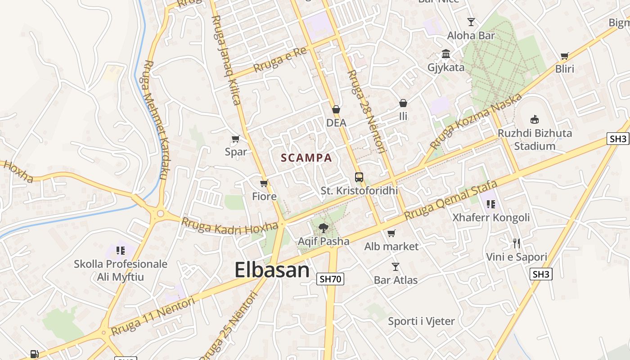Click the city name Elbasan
[x=272, y=270]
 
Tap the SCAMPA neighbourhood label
[x=306, y=158]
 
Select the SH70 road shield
[x=330, y=279]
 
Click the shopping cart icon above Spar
[x=235, y=139]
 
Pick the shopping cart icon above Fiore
[x=264, y=183]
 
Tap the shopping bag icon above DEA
[x=336, y=109]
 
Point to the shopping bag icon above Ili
[x=403, y=103]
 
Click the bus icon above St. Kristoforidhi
[x=359, y=177]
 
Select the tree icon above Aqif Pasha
[x=323, y=228]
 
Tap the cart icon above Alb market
[x=391, y=233]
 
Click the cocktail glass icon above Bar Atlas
[x=396, y=267]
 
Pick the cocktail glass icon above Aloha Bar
[x=471, y=22]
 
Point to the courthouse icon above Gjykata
[x=446, y=54]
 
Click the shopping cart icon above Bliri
[x=565, y=56]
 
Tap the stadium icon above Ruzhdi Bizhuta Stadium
[x=535, y=119]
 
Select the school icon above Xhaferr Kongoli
[x=491, y=204]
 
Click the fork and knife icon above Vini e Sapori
[x=517, y=243]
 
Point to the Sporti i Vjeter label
[x=421, y=321]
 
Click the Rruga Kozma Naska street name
[x=476, y=121]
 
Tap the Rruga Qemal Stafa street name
[x=451, y=200]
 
